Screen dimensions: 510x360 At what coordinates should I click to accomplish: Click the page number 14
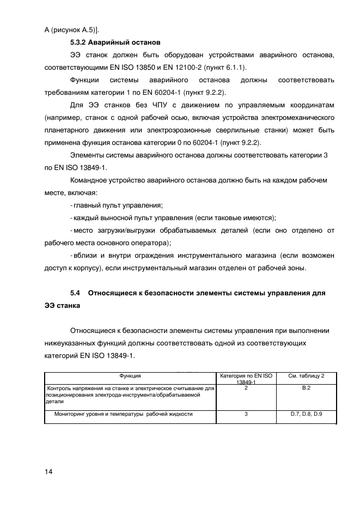[x=48, y=472]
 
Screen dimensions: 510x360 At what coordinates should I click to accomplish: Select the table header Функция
[x=131, y=376]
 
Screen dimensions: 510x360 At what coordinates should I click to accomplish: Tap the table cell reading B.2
[x=306, y=388]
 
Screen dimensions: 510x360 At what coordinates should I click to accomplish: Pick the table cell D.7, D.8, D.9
[x=306, y=414]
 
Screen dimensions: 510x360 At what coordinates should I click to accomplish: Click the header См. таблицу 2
[x=306, y=376]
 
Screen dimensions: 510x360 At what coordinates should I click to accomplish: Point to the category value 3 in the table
[x=246, y=414]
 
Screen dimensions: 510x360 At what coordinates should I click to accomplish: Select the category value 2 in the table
[x=246, y=388]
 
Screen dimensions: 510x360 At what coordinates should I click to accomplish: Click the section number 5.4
[x=75, y=293]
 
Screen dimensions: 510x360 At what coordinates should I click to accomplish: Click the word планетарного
[x=67, y=131]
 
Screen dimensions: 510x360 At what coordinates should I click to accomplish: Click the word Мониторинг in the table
[x=72, y=414]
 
